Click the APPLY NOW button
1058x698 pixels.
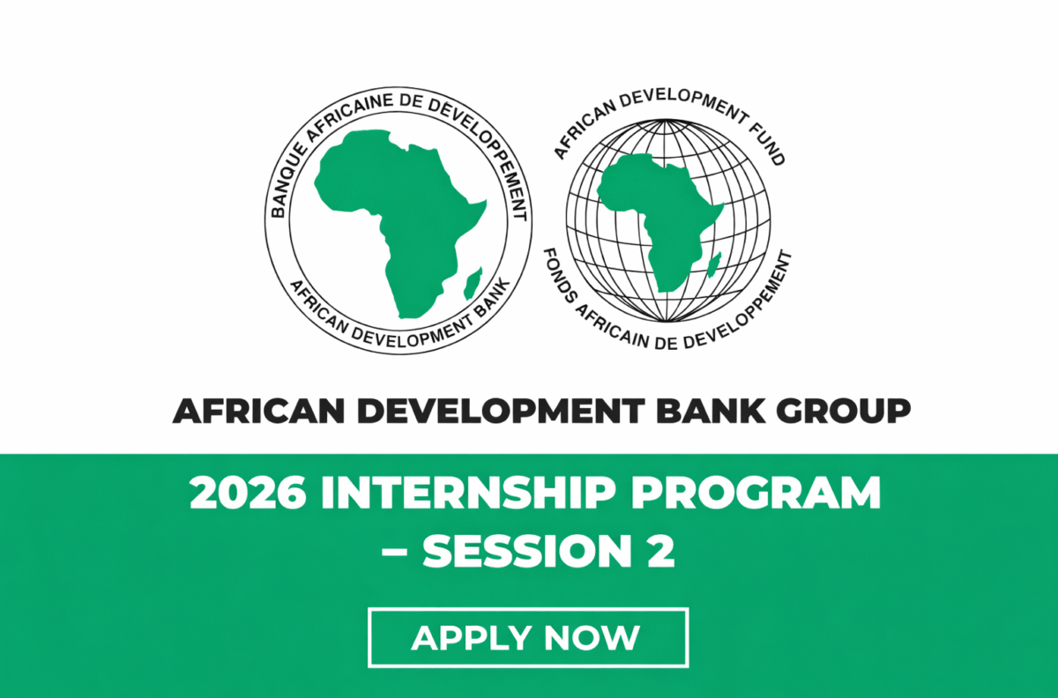tap(528, 637)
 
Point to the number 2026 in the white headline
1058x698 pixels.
tap(247, 494)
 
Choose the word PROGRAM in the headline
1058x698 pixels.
tap(772, 494)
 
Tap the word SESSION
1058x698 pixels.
tap(523, 551)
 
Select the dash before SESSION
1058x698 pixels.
tap(400, 553)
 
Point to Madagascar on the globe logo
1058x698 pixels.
tap(715, 261)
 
